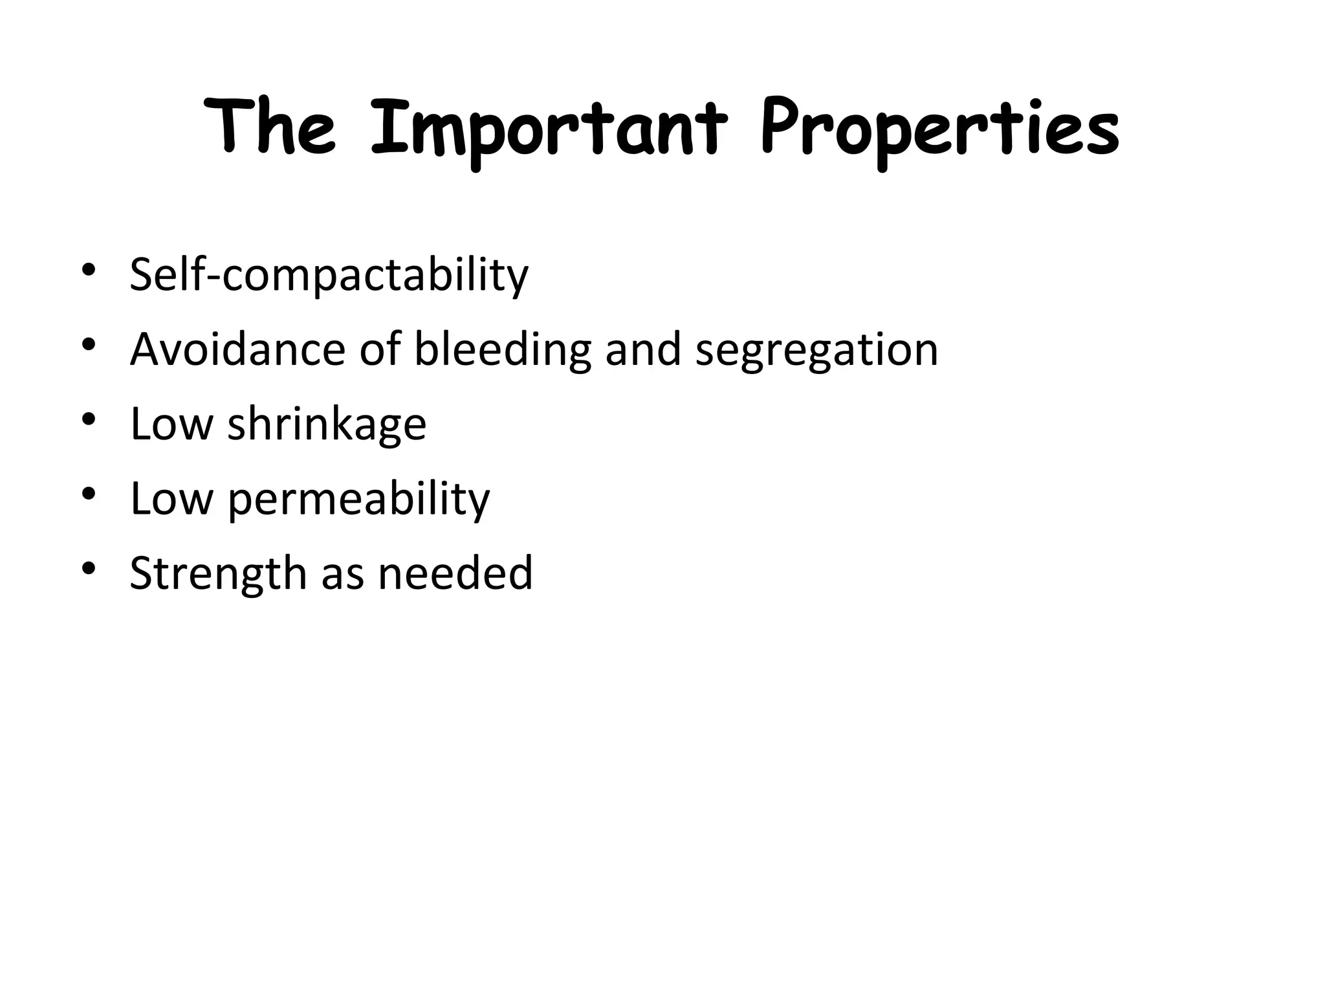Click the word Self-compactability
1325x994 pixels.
point(329,276)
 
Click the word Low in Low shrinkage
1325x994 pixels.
point(171,424)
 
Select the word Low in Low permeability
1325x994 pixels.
point(171,498)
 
